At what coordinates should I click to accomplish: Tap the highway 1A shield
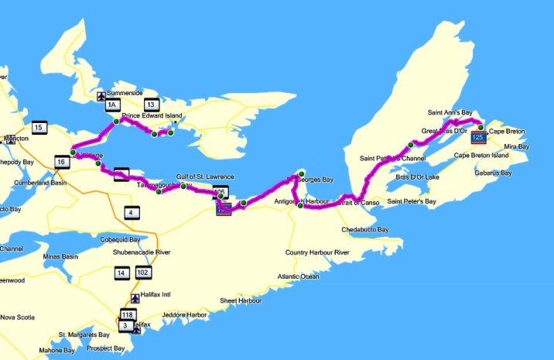click(112, 105)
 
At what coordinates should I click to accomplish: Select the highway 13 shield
click(151, 105)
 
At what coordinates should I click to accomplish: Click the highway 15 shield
click(38, 127)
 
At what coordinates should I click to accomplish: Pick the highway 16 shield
click(61, 161)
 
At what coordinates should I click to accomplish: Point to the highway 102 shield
click(142, 273)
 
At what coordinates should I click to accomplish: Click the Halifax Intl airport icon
click(135, 297)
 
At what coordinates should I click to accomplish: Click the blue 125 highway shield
click(479, 137)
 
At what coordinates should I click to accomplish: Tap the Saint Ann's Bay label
click(450, 112)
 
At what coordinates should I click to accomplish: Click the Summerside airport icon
click(100, 97)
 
